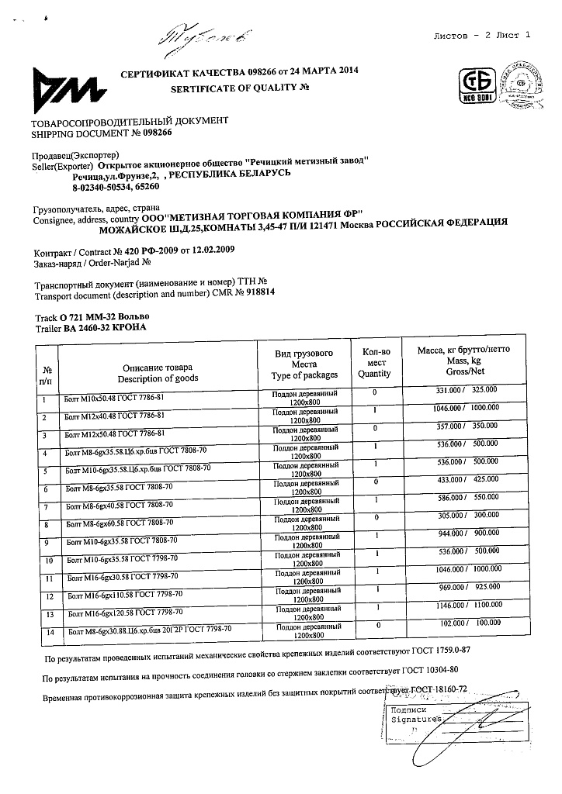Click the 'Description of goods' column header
click(x=158, y=378)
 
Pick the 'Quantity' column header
click(x=375, y=374)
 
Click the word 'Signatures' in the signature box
click(x=416, y=719)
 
